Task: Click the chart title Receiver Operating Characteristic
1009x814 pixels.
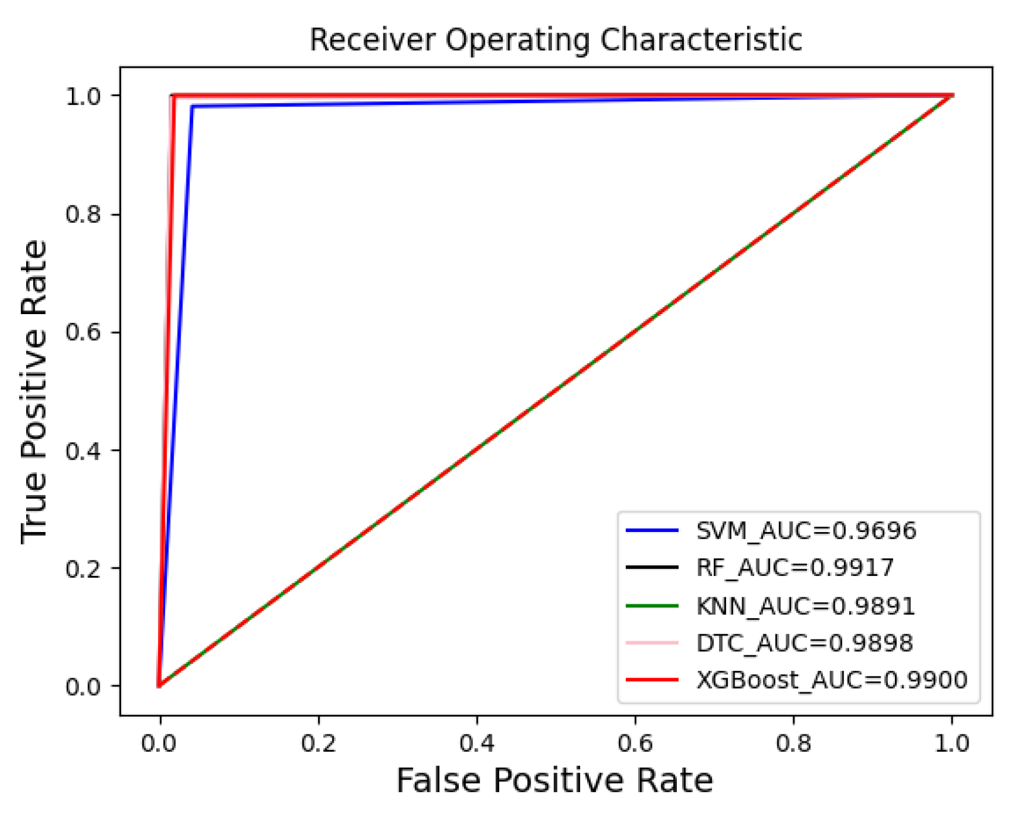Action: tap(556, 40)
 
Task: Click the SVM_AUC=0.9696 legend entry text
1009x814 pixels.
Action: tap(806, 530)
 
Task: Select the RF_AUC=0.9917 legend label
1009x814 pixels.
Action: tap(794, 568)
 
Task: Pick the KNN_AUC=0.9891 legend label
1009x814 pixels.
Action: tap(805, 606)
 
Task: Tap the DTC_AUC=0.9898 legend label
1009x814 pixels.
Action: tap(804, 643)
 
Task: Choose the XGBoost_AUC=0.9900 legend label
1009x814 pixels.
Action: tap(831, 680)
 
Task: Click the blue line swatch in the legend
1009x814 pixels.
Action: tap(652, 530)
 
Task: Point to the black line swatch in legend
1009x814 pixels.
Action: tap(652, 568)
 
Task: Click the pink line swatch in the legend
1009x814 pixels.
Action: tap(652, 643)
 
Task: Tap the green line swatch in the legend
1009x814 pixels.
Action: tap(652, 606)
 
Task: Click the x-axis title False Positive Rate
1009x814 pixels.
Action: tap(554, 780)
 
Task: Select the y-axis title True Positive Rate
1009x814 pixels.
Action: tap(34, 392)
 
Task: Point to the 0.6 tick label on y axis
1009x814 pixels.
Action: tap(83, 332)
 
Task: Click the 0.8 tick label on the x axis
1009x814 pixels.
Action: tap(793, 743)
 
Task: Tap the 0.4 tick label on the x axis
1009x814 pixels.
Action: tap(477, 743)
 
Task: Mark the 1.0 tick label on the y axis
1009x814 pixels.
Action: tap(83, 96)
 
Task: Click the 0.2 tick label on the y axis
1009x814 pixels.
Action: tap(83, 568)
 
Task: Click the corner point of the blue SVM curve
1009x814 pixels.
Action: tap(192, 107)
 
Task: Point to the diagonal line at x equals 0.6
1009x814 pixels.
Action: tap(635, 332)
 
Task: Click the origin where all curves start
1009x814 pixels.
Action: tap(160, 686)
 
